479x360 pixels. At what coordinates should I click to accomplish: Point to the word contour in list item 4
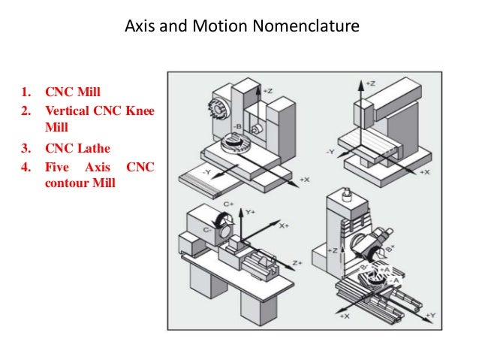coord(65,182)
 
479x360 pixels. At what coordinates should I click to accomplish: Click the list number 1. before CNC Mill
coord(27,94)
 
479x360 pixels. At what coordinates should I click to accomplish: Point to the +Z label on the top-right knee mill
coord(369,82)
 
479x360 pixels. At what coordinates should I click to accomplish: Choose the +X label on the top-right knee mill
coord(424,172)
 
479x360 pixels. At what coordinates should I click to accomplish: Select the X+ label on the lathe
coord(284,225)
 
